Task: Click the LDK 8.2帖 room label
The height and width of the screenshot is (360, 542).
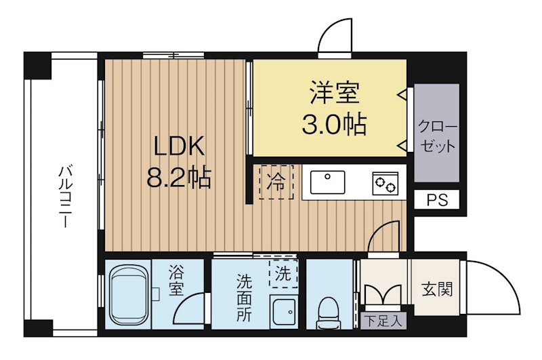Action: [x=178, y=162]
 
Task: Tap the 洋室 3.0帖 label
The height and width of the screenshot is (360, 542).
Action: [x=333, y=108]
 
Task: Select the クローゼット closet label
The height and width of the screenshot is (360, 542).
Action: [x=436, y=136]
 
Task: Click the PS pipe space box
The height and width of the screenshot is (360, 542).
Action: [x=437, y=200]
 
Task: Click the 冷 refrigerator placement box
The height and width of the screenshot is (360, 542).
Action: [x=276, y=182]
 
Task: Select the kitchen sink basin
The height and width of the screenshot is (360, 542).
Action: [x=327, y=182]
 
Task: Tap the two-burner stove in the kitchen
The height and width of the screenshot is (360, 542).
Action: [x=386, y=183]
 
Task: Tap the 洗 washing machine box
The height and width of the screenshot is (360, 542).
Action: [x=283, y=274]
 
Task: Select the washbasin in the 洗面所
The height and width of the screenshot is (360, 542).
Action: [x=283, y=311]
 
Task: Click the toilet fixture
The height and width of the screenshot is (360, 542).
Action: [x=330, y=309]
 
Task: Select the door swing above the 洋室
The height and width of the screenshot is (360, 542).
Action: [x=337, y=37]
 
